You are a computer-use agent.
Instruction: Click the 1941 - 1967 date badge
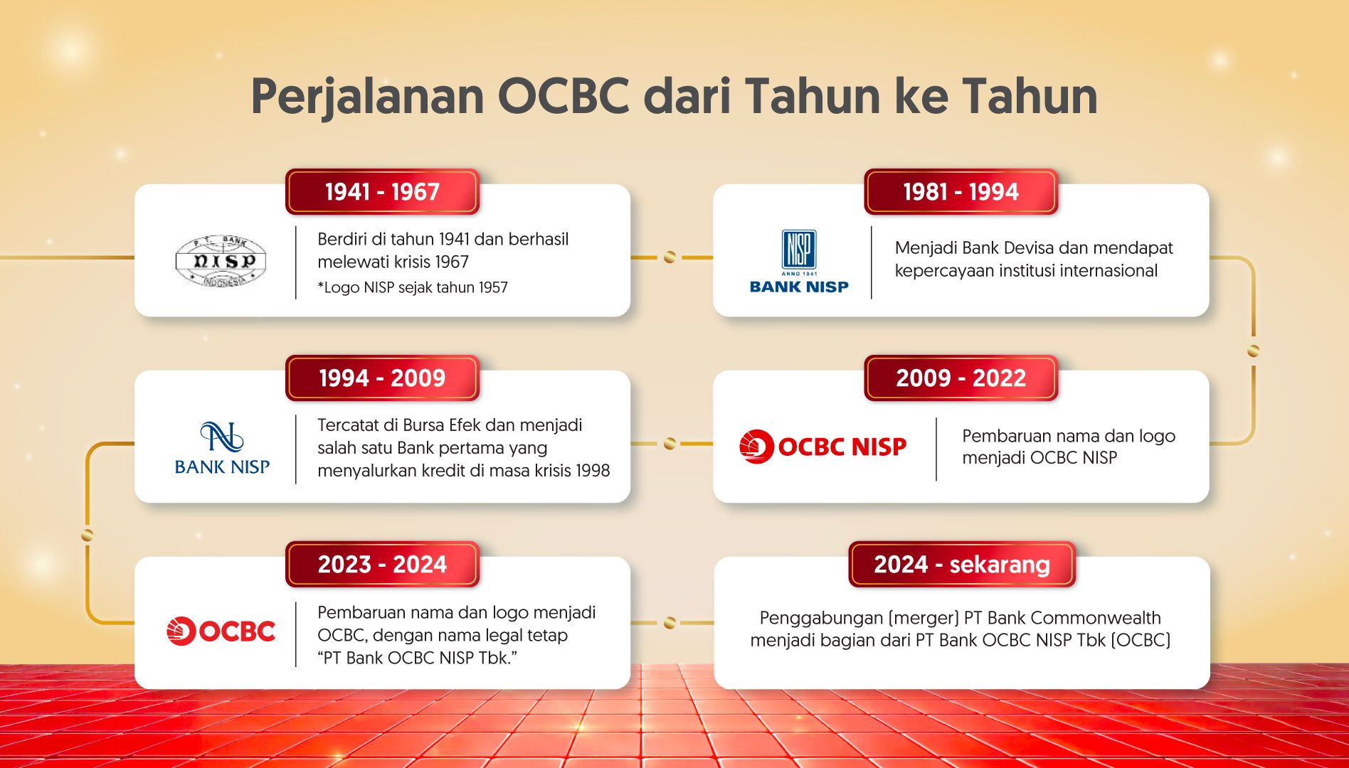pyautogui.click(x=382, y=191)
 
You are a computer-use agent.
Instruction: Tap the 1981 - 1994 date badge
pyautogui.click(x=961, y=191)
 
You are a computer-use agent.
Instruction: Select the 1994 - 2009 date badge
pyautogui.click(x=382, y=378)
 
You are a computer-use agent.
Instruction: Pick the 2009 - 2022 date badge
pyautogui.click(x=961, y=378)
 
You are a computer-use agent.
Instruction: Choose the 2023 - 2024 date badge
pyautogui.click(x=382, y=564)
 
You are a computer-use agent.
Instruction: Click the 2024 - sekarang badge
pyautogui.click(x=961, y=564)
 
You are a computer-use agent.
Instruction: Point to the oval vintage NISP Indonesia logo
pyautogui.click(x=221, y=261)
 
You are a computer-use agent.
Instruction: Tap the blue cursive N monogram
pyautogui.click(x=222, y=437)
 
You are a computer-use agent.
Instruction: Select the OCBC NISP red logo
pyautogui.click(x=822, y=447)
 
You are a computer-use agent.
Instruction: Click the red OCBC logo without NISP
pyautogui.click(x=221, y=631)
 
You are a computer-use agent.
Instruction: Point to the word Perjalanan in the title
pyautogui.click(x=367, y=97)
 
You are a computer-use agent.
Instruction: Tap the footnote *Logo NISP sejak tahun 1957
pyautogui.click(x=413, y=287)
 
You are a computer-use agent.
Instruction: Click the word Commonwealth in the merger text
pyautogui.click(x=1096, y=617)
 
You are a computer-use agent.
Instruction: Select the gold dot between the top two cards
pyautogui.click(x=670, y=257)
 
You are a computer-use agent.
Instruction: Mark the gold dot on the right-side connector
pyautogui.click(x=1254, y=351)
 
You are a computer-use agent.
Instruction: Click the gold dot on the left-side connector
pyautogui.click(x=88, y=535)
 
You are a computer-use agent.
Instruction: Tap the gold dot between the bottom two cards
pyautogui.click(x=670, y=623)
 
